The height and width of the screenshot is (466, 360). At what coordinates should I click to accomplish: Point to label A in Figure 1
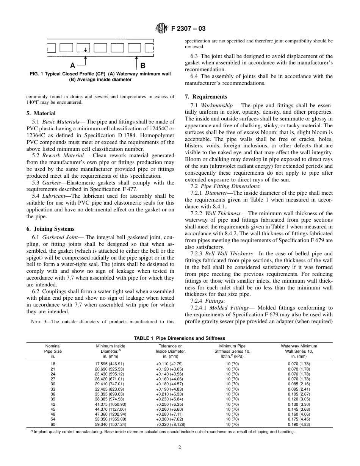pyautogui.click(x=72, y=65)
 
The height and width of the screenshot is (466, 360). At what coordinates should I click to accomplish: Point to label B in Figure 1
pyautogui.click(x=143, y=65)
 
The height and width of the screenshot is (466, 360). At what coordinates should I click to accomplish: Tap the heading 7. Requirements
pyautogui.click(x=206, y=97)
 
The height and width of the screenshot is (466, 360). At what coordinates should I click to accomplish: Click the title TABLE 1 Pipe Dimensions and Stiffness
pyautogui.click(x=179, y=338)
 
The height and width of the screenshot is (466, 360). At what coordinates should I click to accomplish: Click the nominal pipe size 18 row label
pyautogui.click(x=53, y=364)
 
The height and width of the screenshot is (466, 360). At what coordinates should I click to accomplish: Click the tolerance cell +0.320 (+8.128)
pyautogui.click(x=169, y=424)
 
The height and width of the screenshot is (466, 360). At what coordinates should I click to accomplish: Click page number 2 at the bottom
pyautogui.click(x=180, y=447)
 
